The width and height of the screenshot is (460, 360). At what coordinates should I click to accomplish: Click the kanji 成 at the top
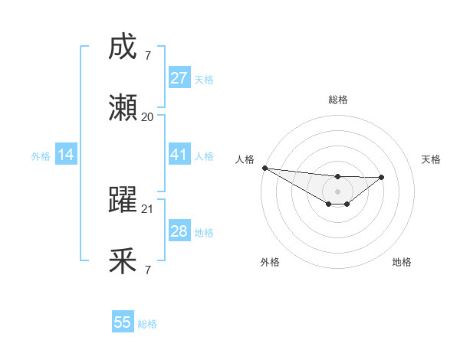(123, 47)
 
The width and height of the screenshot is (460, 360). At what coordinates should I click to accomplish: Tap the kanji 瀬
(123, 108)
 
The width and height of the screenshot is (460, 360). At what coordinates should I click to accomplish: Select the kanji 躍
(123, 200)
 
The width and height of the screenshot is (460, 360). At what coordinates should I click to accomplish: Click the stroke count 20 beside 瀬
(148, 117)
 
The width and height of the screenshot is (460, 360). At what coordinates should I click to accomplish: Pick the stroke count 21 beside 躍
(148, 208)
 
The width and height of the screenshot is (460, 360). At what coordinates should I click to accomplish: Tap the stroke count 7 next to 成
(148, 56)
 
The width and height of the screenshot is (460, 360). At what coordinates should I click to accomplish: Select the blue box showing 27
(179, 78)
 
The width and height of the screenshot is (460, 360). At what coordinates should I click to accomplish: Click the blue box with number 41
(179, 155)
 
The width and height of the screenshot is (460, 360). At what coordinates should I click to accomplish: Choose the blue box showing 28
(179, 231)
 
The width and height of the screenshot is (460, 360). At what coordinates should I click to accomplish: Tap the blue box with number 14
(66, 155)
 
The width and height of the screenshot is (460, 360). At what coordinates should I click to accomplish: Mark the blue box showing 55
(123, 322)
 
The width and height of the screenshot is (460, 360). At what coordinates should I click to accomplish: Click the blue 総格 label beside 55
(147, 324)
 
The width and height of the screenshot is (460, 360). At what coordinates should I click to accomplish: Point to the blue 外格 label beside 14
(41, 156)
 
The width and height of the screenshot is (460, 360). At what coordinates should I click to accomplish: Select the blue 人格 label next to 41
(204, 156)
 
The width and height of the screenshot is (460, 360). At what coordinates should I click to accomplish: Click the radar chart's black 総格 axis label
(337, 100)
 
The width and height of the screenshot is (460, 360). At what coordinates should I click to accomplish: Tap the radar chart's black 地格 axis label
(402, 262)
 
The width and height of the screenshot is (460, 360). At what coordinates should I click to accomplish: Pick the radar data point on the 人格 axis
(264, 168)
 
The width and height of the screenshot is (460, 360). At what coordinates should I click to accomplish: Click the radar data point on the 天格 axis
(382, 177)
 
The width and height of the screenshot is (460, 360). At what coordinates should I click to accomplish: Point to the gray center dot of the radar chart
(337, 191)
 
